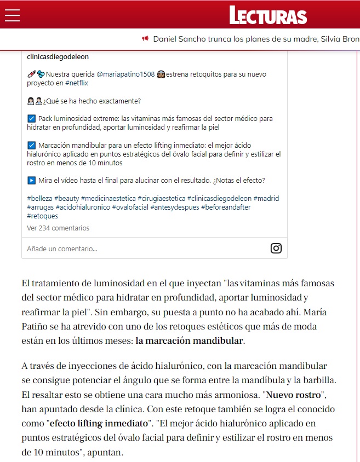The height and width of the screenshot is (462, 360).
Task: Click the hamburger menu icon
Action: click(x=12, y=15)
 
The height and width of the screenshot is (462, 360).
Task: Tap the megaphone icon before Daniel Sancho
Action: click(x=145, y=39)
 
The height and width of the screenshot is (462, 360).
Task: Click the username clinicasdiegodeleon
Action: click(x=58, y=56)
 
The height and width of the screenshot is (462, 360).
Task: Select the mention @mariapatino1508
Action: click(x=125, y=74)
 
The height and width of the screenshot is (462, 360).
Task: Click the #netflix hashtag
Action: click(x=76, y=83)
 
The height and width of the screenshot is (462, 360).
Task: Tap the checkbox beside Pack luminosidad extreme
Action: click(x=31, y=119)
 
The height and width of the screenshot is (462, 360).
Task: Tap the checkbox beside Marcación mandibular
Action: click(x=31, y=146)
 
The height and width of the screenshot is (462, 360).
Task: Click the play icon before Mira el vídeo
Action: click(x=31, y=181)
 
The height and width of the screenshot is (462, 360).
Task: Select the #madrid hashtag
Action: click(x=268, y=198)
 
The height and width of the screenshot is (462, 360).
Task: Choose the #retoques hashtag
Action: click(x=42, y=216)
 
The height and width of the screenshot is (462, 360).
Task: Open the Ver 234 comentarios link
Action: click(x=58, y=228)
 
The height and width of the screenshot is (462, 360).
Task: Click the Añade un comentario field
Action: click(x=62, y=249)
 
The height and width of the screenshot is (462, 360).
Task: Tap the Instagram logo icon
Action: click(x=276, y=248)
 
